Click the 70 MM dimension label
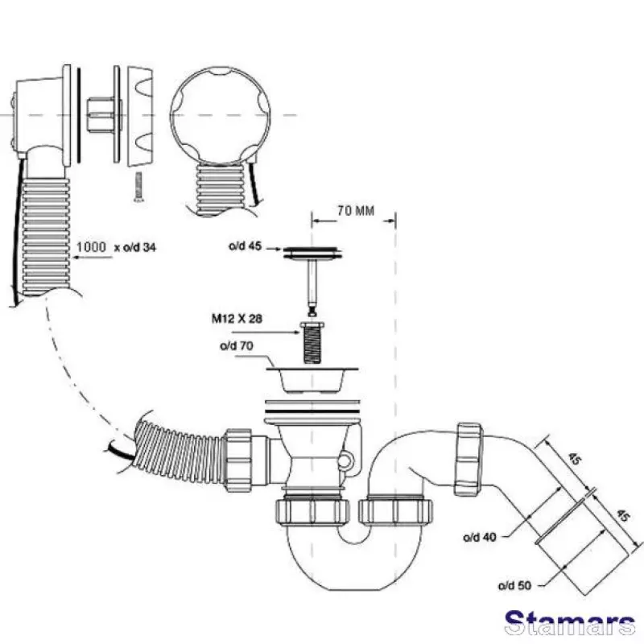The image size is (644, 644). pyautogui.click(x=356, y=211)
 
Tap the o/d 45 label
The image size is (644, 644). pyautogui.click(x=245, y=246)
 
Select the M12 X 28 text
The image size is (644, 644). pyautogui.click(x=237, y=319)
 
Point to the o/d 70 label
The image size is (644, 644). pyautogui.click(x=237, y=346)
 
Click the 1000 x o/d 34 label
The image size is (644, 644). pyautogui.click(x=116, y=247)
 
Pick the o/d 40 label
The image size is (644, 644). pyautogui.click(x=479, y=537)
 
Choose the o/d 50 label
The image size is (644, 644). pyautogui.click(x=514, y=585)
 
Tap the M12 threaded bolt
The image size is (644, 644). pyautogui.click(x=312, y=343)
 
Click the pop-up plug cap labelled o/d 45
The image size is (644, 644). pyautogui.click(x=312, y=254)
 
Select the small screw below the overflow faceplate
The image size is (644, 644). pyautogui.click(x=138, y=187)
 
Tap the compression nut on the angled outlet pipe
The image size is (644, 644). pyautogui.click(x=469, y=459)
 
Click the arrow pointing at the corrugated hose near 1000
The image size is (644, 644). pyautogui.click(x=93, y=258)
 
